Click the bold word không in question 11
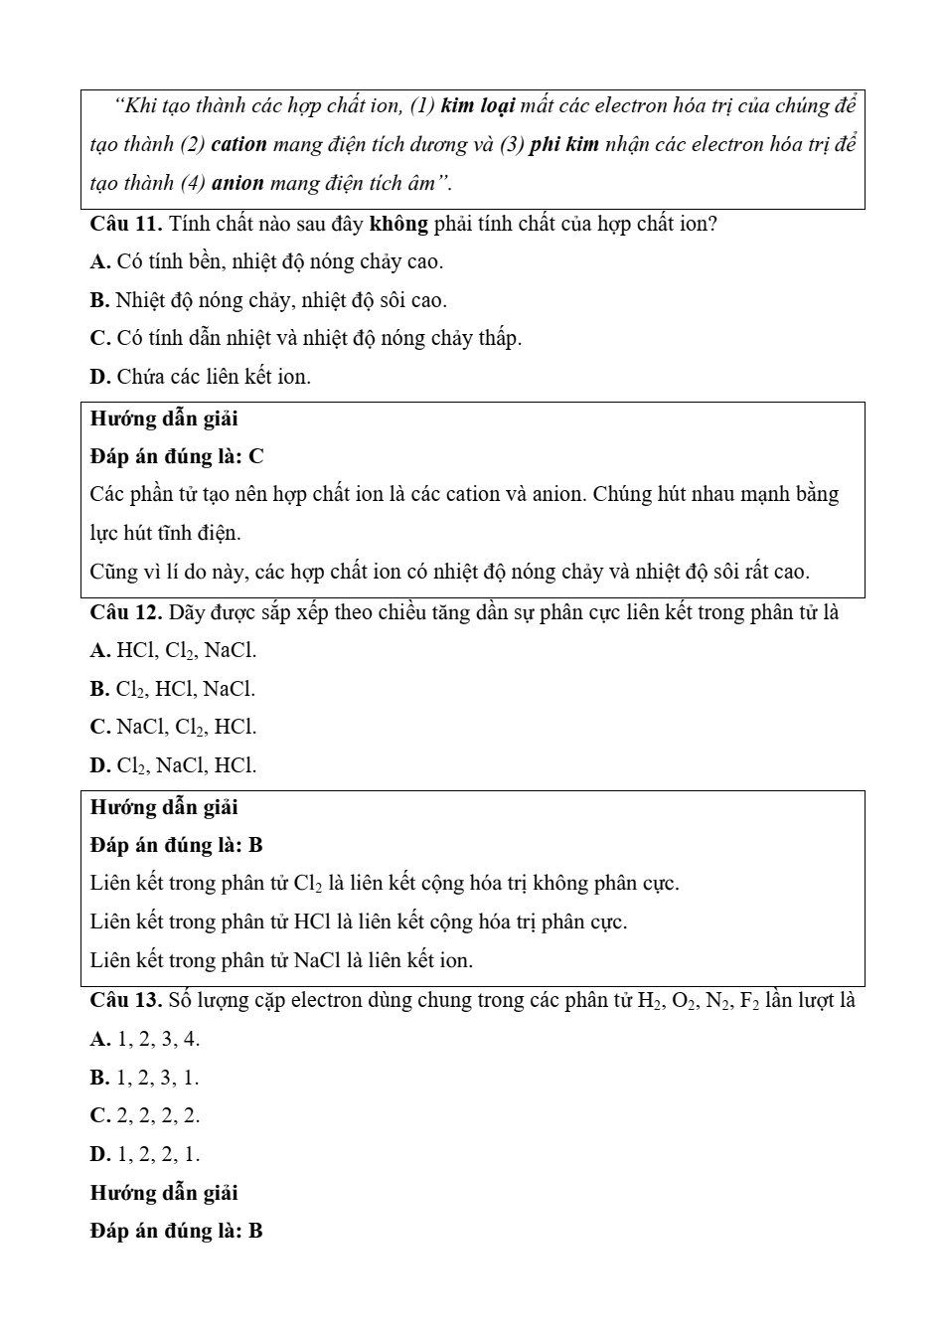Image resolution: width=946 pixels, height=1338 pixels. (x=398, y=224)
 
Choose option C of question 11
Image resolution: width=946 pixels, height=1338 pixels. (x=305, y=339)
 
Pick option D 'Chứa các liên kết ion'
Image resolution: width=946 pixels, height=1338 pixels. (x=200, y=378)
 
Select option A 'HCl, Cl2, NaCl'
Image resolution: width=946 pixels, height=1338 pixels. (x=173, y=651)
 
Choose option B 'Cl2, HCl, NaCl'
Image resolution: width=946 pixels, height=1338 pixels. (x=172, y=689)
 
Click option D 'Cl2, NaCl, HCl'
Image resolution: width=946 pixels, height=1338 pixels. (x=173, y=766)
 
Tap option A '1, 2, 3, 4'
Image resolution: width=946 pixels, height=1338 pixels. (x=145, y=1040)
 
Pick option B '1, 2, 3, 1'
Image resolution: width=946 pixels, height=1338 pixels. (x=144, y=1078)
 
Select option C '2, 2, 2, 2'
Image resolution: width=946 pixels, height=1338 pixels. (x=145, y=1116)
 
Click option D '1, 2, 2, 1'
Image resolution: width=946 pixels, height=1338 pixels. (x=145, y=1155)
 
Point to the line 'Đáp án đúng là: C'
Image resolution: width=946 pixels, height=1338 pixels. (x=177, y=457)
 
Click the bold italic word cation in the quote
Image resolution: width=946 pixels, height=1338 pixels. (x=239, y=145)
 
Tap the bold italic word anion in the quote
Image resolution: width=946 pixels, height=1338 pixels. (x=237, y=184)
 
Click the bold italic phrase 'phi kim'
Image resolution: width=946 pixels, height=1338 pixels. (x=564, y=145)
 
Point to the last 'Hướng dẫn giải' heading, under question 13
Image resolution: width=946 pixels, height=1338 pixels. (x=164, y=1193)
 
